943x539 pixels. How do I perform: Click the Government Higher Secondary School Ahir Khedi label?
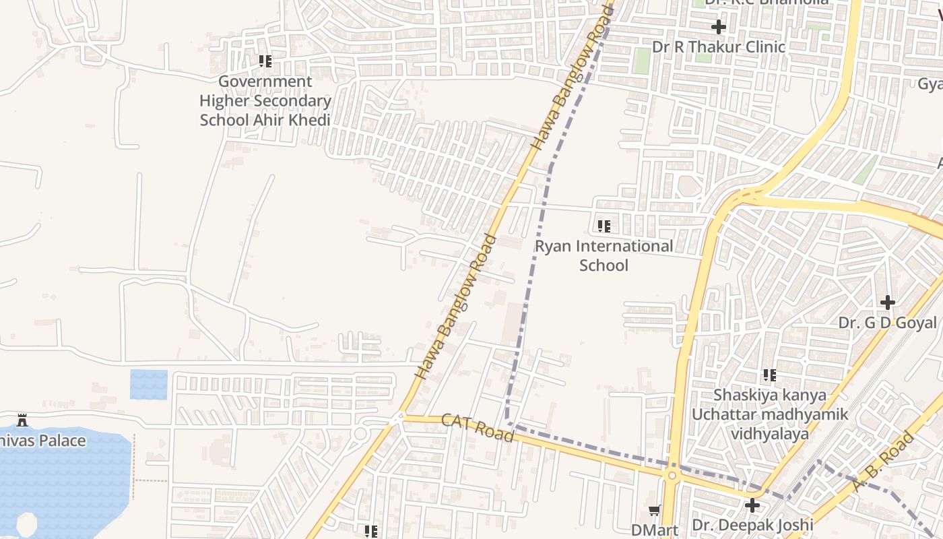pyautogui.click(x=265, y=101)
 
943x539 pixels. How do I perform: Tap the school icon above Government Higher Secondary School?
pyautogui.click(x=265, y=61)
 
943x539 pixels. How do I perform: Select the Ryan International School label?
pyautogui.click(x=604, y=255)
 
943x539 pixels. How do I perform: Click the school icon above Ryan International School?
pyautogui.click(x=604, y=226)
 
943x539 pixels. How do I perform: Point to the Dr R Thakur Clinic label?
pyautogui.click(x=719, y=47)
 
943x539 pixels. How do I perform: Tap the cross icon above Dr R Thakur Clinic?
pyautogui.click(x=719, y=27)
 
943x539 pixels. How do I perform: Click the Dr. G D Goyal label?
pyautogui.click(x=887, y=323)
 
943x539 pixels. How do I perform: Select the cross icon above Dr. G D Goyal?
pyautogui.click(x=888, y=302)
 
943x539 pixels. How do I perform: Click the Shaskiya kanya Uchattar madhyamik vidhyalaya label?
pyautogui.click(x=770, y=414)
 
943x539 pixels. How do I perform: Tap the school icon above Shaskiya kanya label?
pyautogui.click(x=770, y=375)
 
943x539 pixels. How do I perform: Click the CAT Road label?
pyautogui.click(x=478, y=428)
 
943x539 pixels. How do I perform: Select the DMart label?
pyautogui.click(x=654, y=530)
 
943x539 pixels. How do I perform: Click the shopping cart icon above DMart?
pyautogui.click(x=654, y=511)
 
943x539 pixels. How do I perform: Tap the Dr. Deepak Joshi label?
pyautogui.click(x=752, y=525)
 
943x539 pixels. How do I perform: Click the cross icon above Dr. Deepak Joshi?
pyautogui.click(x=752, y=505)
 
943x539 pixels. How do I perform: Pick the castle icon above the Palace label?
pyautogui.click(x=22, y=420)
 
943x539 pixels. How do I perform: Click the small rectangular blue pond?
pyautogui.click(x=148, y=384)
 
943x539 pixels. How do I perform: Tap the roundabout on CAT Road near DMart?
pyautogui.click(x=671, y=475)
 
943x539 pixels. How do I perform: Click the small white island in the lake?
pyautogui.click(x=27, y=525)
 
